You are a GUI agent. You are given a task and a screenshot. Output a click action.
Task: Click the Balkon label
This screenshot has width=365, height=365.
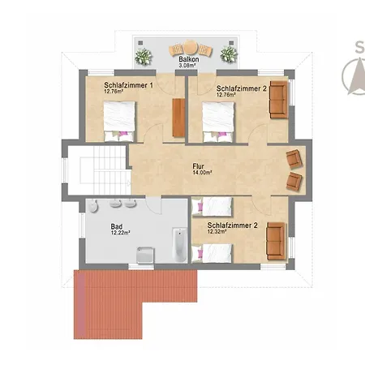(x=189, y=59)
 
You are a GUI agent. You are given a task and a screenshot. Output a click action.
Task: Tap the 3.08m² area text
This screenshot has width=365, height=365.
(x=187, y=66)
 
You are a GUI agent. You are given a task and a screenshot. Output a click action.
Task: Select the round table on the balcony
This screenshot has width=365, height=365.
(x=191, y=47)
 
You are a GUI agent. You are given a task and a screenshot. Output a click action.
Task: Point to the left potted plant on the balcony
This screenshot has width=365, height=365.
(x=144, y=57)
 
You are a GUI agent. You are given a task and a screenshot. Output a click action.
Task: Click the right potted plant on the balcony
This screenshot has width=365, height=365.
(x=229, y=54)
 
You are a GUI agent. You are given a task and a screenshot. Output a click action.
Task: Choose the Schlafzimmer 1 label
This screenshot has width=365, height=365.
(x=129, y=85)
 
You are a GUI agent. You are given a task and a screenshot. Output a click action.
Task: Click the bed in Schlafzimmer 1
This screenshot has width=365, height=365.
(x=119, y=121)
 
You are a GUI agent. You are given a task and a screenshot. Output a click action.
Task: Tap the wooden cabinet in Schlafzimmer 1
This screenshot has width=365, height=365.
(x=178, y=118)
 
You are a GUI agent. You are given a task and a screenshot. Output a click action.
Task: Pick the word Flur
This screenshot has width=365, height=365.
(x=198, y=166)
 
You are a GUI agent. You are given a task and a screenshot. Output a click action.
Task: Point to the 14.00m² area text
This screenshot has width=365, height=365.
(x=202, y=173)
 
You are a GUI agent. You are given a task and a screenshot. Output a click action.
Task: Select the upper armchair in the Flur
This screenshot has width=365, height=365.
(x=294, y=159)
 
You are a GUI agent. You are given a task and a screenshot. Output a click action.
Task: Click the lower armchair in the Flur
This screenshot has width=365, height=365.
(x=294, y=182)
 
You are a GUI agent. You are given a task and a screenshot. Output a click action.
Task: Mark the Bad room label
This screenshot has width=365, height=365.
(x=117, y=226)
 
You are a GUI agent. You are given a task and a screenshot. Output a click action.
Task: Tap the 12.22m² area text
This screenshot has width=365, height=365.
(x=121, y=233)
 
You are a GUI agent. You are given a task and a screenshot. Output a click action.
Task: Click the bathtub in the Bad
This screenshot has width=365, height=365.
(x=180, y=245)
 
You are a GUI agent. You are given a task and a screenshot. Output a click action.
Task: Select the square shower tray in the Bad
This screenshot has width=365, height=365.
(x=145, y=255)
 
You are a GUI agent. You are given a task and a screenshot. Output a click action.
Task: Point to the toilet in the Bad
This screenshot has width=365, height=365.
(x=93, y=207)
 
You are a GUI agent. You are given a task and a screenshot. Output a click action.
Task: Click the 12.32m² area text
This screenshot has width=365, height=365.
(x=217, y=231)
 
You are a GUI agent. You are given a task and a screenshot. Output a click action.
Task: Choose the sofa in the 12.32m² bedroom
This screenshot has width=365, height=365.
(x=276, y=241)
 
